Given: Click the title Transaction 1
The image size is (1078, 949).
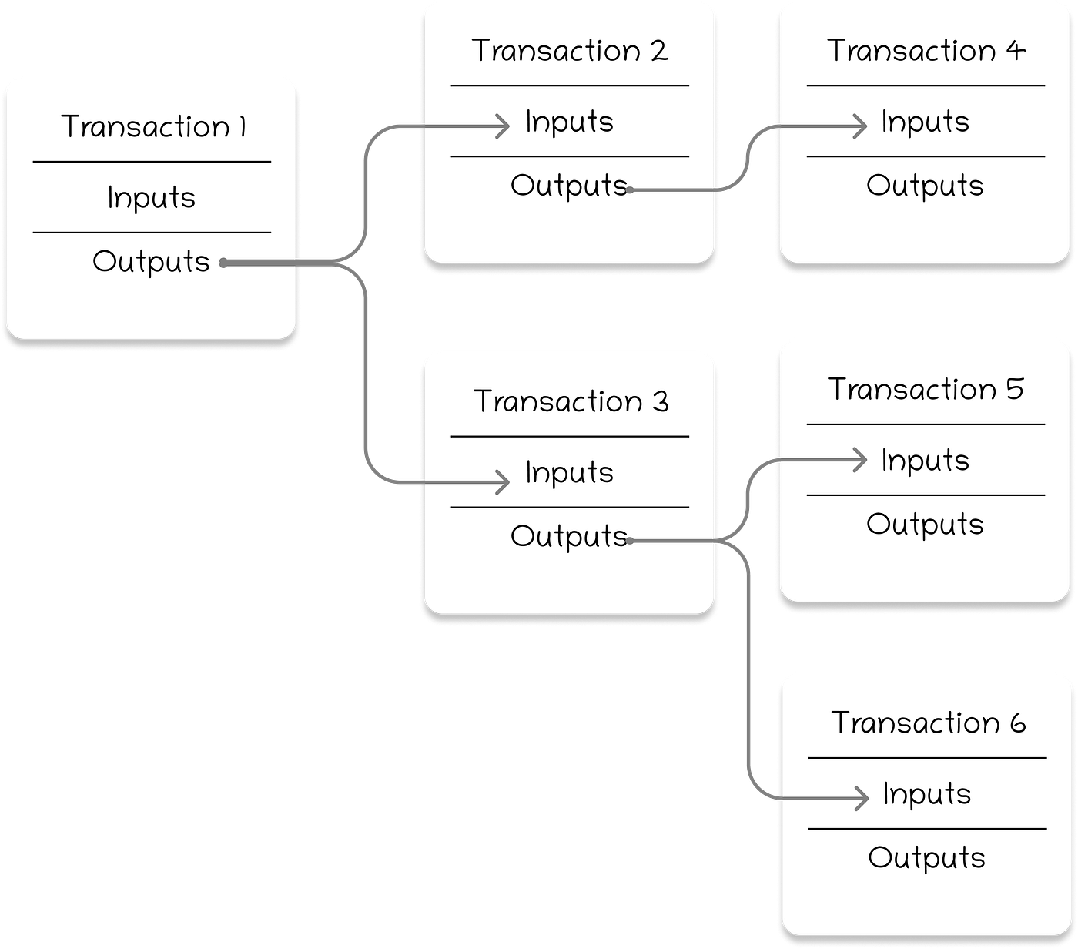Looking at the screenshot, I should tap(153, 127).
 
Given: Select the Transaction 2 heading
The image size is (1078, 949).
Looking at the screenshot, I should tap(569, 51).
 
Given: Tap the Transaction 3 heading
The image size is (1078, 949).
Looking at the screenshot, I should tap(571, 401).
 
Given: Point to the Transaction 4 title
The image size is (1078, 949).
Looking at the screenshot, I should tap(926, 51).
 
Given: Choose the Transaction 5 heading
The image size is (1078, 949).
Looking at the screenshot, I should tap(926, 390).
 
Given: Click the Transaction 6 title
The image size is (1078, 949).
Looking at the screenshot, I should tap(928, 723).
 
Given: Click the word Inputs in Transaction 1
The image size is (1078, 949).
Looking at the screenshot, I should tap(152, 198).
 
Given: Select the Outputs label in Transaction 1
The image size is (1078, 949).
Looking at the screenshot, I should tap(151, 262).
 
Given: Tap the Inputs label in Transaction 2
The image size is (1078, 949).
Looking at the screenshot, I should tap(569, 122).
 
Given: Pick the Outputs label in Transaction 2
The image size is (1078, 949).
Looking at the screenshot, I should tap(568, 186).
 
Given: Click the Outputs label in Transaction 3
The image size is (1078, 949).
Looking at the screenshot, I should tap(568, 536).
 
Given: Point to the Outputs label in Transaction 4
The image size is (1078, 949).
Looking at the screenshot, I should tap(925, 186).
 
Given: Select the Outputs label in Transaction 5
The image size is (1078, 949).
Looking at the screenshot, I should tap(925, 525).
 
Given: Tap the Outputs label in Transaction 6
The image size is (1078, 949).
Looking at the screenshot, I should tap(926, 858).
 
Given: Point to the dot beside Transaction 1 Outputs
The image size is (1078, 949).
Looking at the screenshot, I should tap(223, 263).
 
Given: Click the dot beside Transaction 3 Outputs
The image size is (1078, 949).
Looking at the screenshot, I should tap(630, 541).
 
